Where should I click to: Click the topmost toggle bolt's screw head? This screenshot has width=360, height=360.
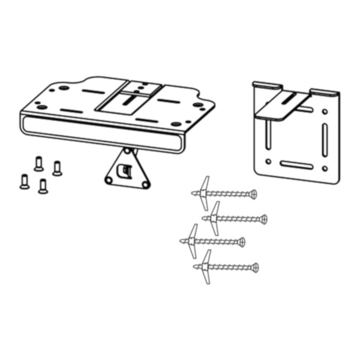coord(254,194)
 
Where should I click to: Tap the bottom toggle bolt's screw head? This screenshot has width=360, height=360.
coord(255,267)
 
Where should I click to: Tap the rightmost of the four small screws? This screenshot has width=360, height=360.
coord(57,168)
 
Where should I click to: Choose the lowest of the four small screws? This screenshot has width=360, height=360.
coord(43,186)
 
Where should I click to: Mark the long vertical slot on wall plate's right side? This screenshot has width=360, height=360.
coord(325,139)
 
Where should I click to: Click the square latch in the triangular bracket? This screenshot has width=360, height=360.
coord(125,170)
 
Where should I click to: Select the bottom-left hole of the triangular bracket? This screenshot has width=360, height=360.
coord(109,179)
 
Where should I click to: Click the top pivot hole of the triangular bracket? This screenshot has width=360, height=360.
coord(128,151)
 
